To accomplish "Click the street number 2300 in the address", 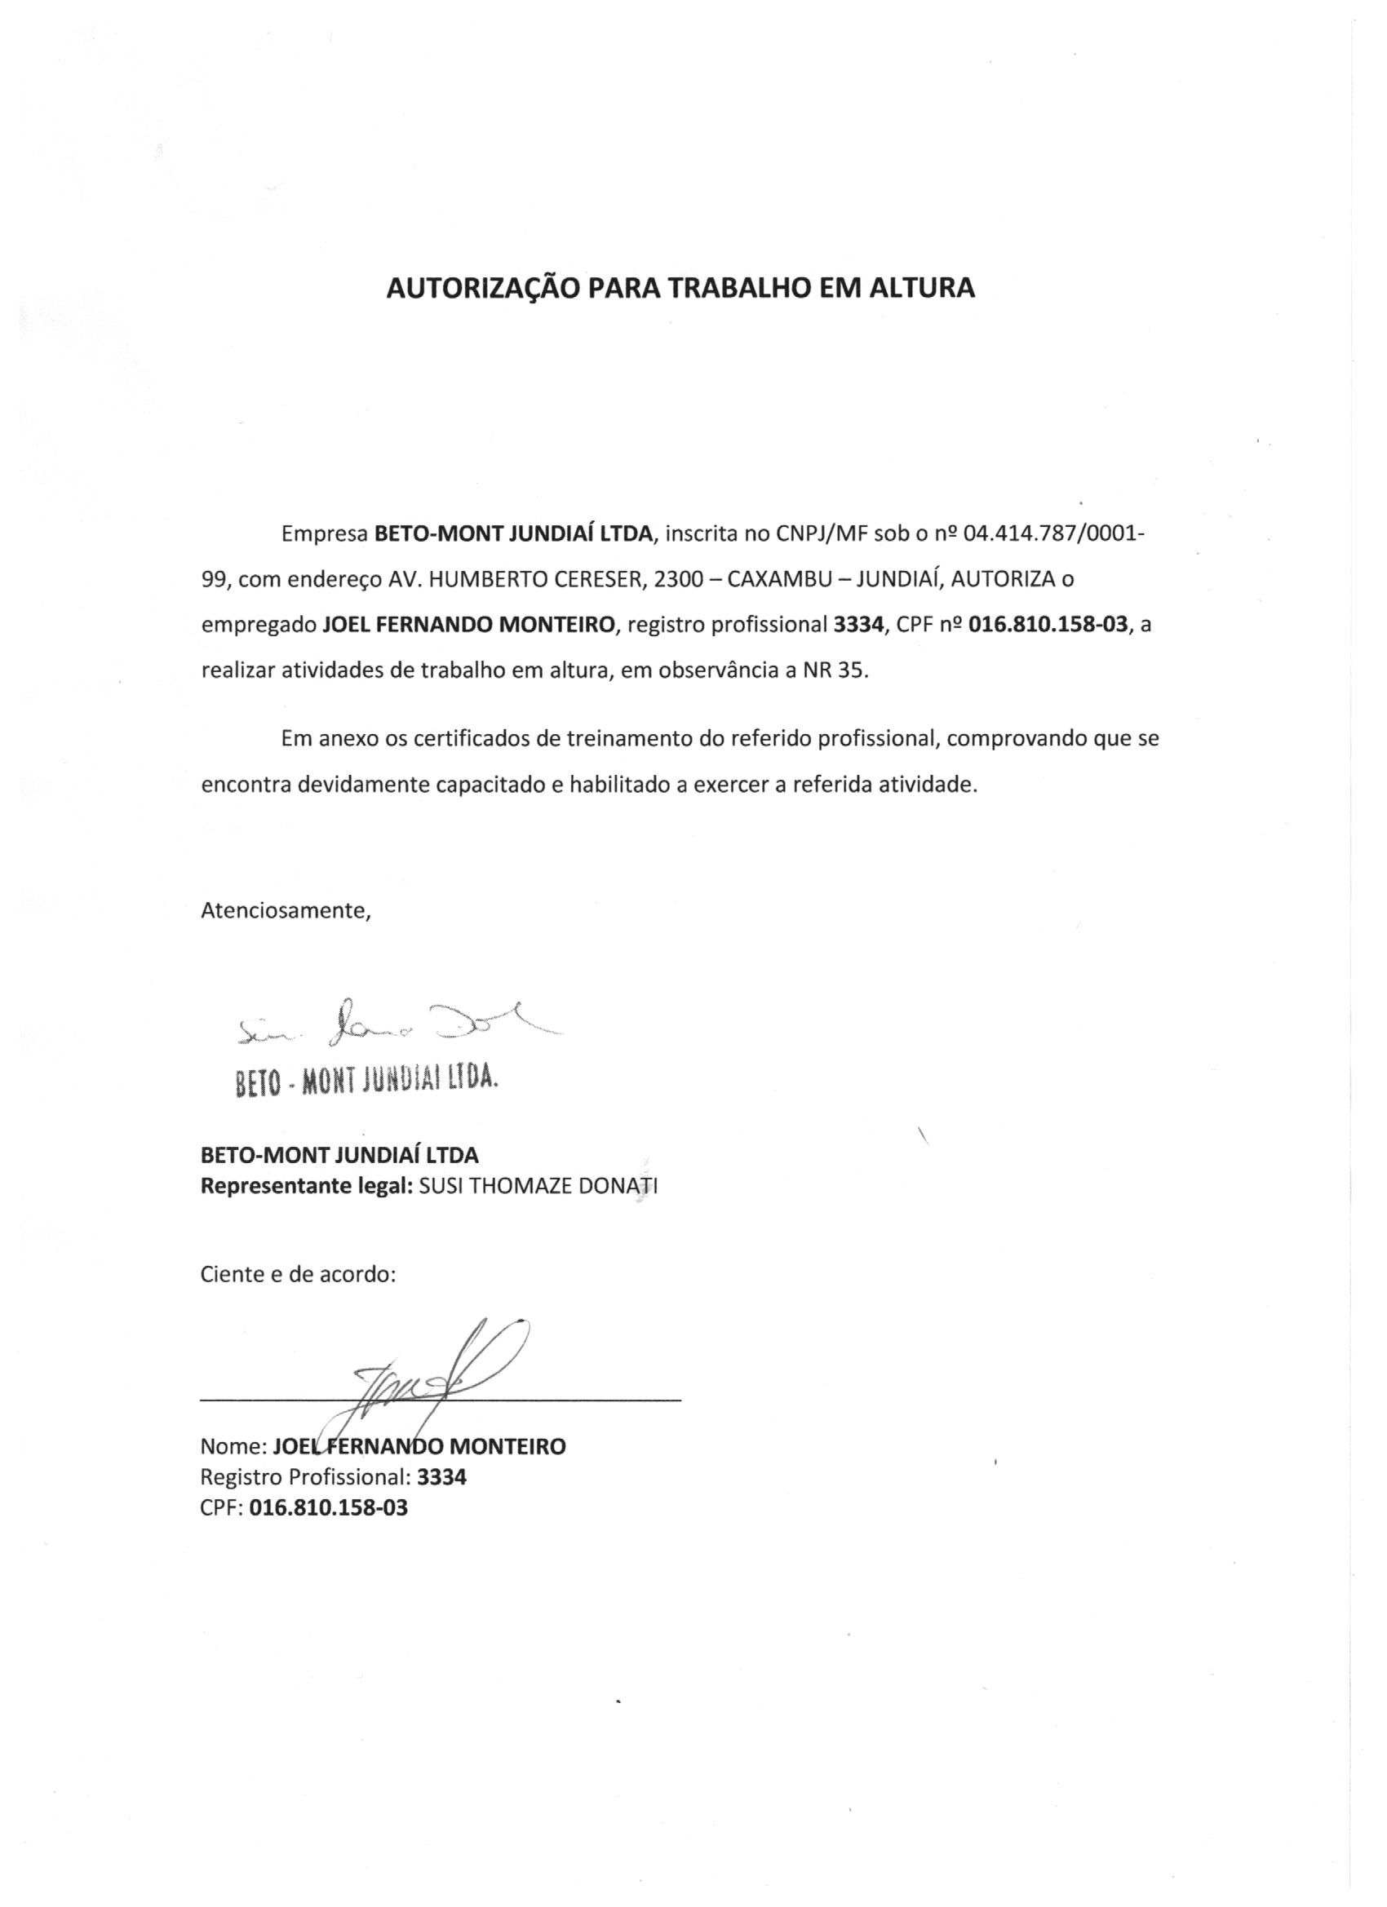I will tap(679, 579).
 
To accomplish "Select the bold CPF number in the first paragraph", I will tap(1048, 625).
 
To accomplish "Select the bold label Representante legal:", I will tap(307, 1187).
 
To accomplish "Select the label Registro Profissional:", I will tap(305, 1476).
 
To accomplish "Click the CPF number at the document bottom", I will tap(328, 1507).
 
